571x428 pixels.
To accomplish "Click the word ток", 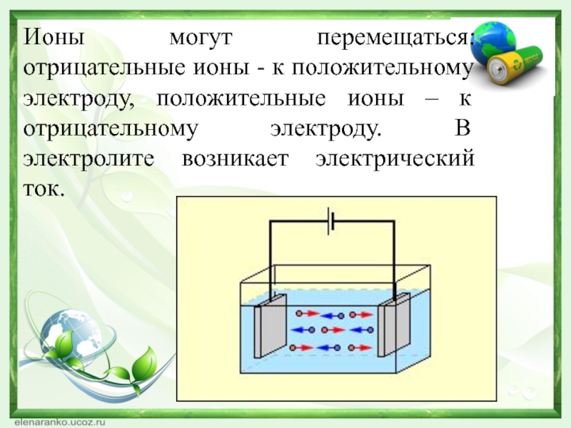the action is coord(44,191).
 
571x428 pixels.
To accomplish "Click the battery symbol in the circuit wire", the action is coord(330,221).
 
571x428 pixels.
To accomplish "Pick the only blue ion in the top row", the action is coord(341,314).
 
